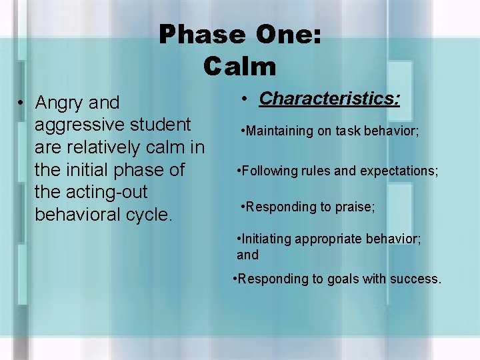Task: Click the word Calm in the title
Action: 240,66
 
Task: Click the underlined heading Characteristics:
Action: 330,99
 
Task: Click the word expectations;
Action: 399,171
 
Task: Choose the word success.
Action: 415,279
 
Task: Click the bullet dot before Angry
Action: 21,103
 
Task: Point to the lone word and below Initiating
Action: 247,255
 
